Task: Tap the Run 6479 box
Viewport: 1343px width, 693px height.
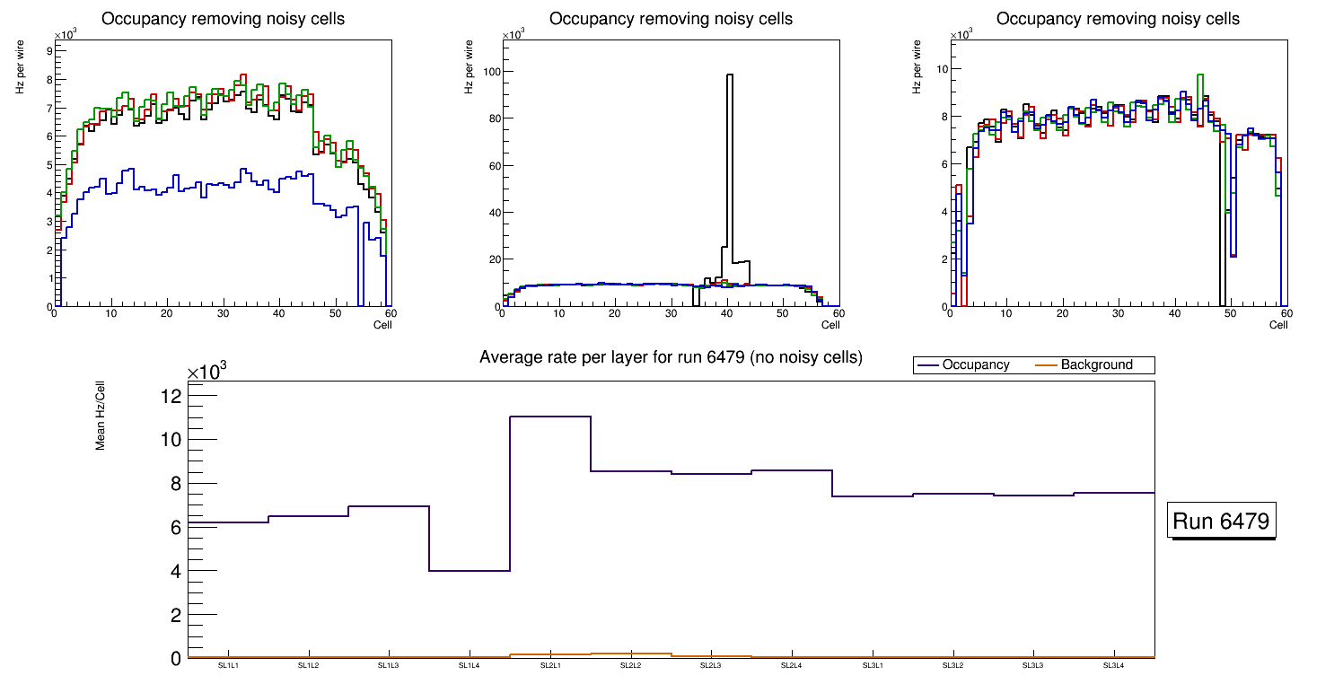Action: point(1221,522)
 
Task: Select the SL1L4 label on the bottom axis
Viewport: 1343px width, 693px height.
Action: point(470,665)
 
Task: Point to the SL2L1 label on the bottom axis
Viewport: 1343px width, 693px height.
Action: point(550,665)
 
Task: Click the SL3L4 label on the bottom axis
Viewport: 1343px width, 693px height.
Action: point(1113,665)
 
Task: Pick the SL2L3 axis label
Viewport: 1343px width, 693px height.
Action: point(711,665)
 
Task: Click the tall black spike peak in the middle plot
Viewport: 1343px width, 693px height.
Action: point(730,75)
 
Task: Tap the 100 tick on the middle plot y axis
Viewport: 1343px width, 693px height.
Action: point(488,72)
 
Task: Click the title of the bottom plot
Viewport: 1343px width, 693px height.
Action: point(671,357)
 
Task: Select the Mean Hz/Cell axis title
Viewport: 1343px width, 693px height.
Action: point(101,415)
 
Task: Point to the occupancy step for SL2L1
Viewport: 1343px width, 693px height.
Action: point(550,417)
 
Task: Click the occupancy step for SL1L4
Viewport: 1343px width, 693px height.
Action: point(470,571)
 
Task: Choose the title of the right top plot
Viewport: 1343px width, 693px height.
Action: point(1118,19)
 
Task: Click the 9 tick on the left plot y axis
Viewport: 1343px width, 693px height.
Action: point(48,51)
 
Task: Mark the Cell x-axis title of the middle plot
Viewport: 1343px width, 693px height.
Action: point(829,325)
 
